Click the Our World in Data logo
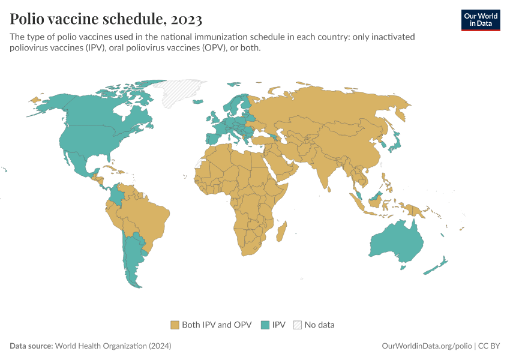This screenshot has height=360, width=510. pos(480,20)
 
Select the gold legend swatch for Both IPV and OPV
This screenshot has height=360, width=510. pos(175,325)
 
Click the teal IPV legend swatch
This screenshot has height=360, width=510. pos(265,325)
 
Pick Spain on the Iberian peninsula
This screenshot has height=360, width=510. pos(214,139)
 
